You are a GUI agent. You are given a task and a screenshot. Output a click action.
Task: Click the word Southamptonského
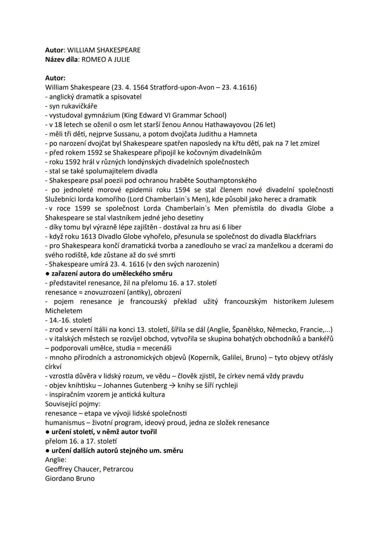click(x=226, y=180)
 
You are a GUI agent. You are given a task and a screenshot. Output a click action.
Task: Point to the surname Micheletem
click(x=64, y=311)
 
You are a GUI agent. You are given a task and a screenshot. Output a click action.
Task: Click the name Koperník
click(x=206, y=358)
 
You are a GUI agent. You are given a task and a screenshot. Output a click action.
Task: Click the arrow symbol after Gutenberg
click(x=172, y=385)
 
